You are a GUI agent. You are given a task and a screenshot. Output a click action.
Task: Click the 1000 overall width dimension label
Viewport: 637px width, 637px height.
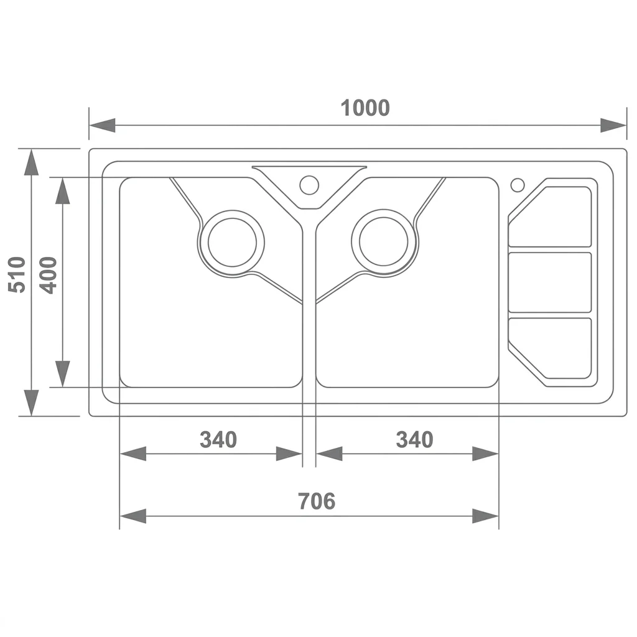tap(365, 108)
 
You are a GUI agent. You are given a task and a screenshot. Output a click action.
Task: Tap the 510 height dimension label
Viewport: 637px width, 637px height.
tap(17, 274)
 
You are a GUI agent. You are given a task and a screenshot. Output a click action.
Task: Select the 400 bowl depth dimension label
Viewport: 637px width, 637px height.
tap(49, 275)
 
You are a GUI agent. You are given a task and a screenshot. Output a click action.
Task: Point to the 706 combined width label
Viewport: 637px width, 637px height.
tap(317, 501)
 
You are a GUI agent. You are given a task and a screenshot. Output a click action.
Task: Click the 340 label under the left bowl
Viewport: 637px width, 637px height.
tap(218, 440)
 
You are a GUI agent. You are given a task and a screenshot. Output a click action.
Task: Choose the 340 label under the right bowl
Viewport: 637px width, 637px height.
tap(414, 440)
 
